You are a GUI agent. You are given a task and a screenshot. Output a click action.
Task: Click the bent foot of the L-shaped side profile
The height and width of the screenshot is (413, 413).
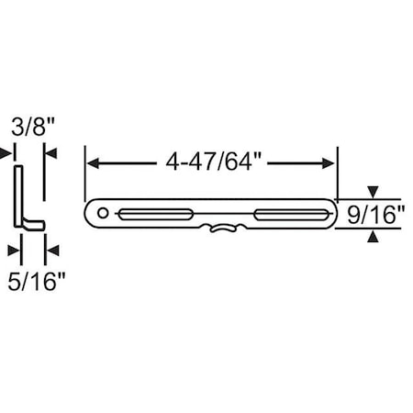[34, 224]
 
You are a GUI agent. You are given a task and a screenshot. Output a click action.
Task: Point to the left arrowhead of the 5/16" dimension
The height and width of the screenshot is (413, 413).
[13, 249]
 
